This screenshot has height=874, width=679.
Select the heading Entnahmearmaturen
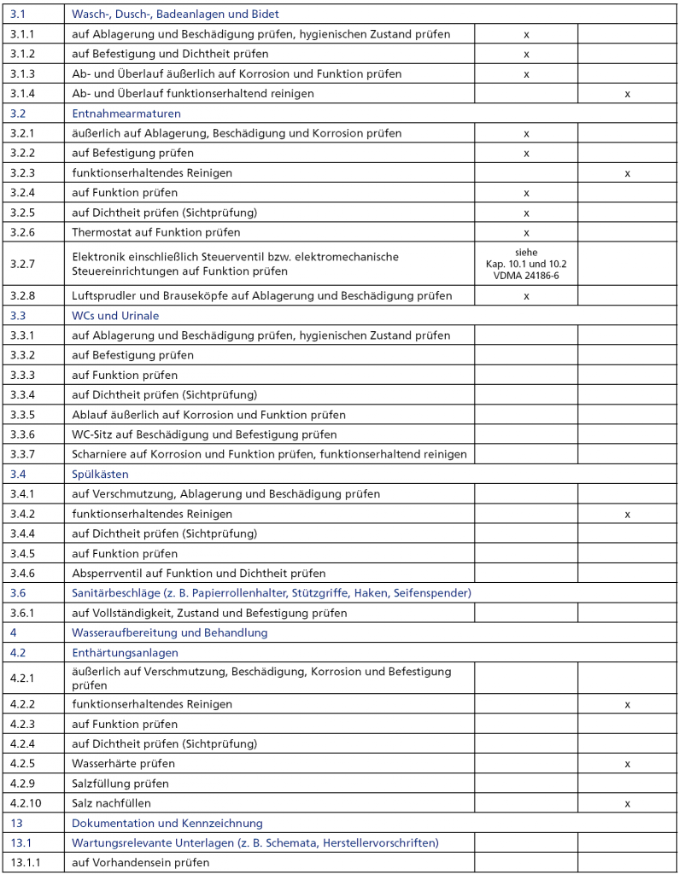(x=126, y=113)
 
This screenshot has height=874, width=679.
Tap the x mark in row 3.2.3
(x=627, y=173)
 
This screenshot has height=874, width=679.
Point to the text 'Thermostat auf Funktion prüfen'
(x=155, y=232)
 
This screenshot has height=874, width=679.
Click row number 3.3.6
(x=23, y=434)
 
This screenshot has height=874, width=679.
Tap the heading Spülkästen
(x=100, y=474)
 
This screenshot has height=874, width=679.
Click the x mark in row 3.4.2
(x=627, y=515)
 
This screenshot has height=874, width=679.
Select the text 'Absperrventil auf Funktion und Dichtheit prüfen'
(x=198, y=574)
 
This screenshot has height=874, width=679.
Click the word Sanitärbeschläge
(x=113, y=592)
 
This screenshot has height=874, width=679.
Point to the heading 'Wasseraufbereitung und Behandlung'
(x=169, y=632)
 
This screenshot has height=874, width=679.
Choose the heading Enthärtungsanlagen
(x=125, y=652)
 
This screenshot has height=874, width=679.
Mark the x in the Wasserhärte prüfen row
(x=627, y=763)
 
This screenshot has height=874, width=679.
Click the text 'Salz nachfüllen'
(x=111, y=803)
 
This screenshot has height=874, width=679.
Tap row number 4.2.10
(x=26, y=803)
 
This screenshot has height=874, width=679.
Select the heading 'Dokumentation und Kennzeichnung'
(x=167, y=823)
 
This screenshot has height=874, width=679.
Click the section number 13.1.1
(x=26, y=862)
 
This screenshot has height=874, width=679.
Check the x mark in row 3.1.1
(x=526, y=34)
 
